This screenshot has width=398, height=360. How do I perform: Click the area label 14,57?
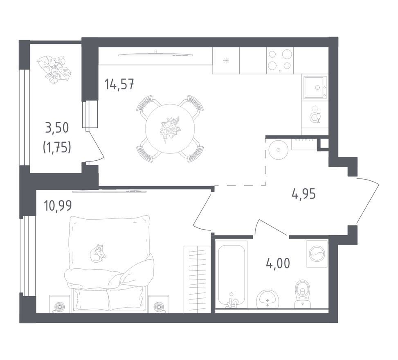point(119,84)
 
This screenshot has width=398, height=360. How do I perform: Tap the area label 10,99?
point(58,206)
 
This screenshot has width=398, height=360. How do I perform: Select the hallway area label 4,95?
point(304,194)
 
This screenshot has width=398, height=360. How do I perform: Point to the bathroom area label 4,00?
point(278,263)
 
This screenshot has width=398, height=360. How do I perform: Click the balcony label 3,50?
point(57,128)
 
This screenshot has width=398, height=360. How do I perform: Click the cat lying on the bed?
point(98,252)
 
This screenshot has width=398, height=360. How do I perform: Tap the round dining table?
point(170,128)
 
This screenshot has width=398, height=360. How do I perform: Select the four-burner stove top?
point(280,61)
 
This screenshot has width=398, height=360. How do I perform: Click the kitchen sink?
point(315,87)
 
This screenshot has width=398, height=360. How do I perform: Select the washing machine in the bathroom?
point(317,254)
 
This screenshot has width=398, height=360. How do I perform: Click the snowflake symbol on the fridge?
point(226,61)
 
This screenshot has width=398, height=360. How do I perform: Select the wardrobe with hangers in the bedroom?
point(197,279)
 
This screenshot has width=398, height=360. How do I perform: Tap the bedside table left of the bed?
point(59,304)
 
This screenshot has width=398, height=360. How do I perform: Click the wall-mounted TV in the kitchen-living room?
point(155,54)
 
